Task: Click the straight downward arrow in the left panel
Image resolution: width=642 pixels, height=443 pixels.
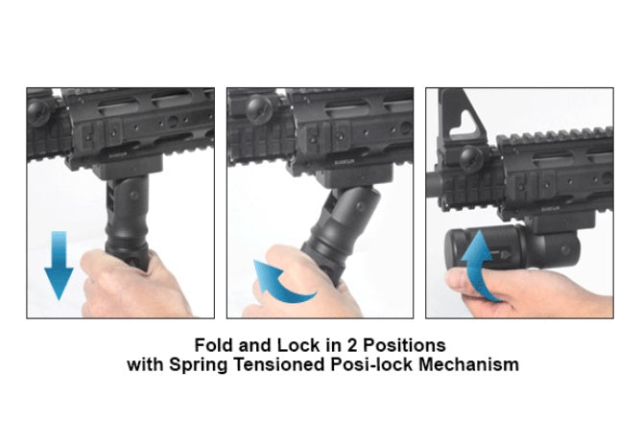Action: point(58,264)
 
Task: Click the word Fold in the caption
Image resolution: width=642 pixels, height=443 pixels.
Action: point(214,344)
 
